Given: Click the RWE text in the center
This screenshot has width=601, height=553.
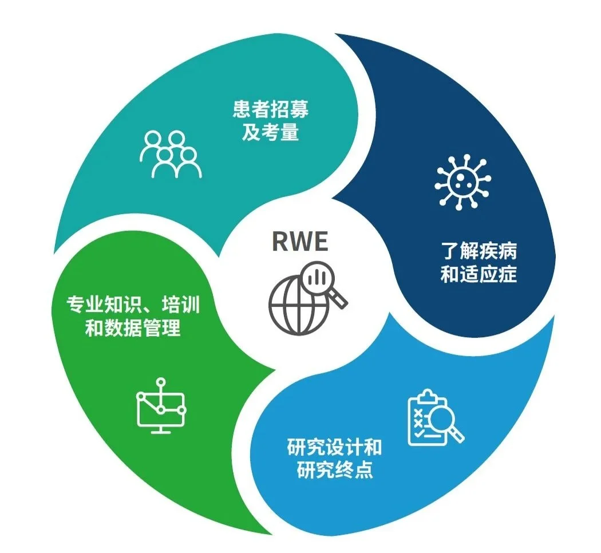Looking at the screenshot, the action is point(300,241).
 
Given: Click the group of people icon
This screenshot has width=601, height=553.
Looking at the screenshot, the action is point(171,154).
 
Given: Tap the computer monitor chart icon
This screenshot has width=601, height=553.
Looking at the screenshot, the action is point(161,406).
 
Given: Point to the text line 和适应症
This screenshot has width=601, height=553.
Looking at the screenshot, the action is point(479,275).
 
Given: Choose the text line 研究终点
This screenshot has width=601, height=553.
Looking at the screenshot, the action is point(334,471).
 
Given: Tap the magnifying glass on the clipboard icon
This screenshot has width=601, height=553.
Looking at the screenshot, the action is point(444,424).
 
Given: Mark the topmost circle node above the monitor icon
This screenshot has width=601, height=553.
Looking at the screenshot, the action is point(161,381).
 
